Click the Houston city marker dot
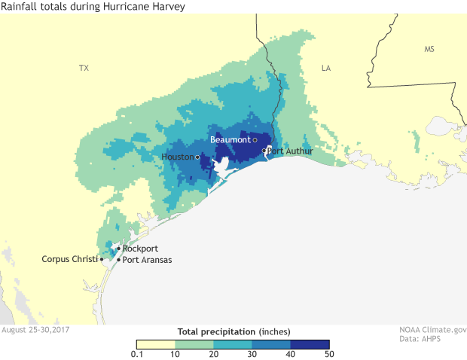(x=197, y=157)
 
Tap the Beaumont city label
(x=230, y=140)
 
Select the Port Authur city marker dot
(x=264, y=151)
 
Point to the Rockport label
(x=139, y=249)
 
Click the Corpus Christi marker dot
(x=102, y=260)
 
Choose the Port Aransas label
(x=147, y=260)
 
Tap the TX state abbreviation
(x=84, y=68)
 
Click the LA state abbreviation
(x=326, y=68)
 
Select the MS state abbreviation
(x=429, y=49)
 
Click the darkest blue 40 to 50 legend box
(x=309, y=344)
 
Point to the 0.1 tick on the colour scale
(x=137, y=354)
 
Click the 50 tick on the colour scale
(x=329, y=354)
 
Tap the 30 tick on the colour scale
(x=252, y=354)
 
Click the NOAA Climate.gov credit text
(x=432, y=330)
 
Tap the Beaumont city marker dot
(x=255, y=140)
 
